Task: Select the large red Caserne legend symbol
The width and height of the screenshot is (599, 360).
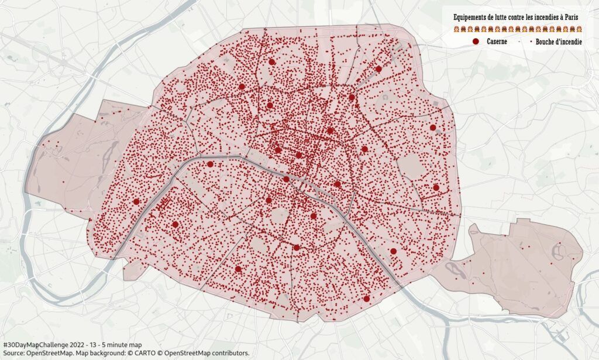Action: coord(476,42)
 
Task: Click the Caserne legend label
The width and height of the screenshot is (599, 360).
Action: coord(497,42)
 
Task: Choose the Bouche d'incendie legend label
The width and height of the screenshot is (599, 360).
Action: coord(559,42)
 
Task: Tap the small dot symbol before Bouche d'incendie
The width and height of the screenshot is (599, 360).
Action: coord(531,42)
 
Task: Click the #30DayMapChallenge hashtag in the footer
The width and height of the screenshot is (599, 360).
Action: coord(36,345)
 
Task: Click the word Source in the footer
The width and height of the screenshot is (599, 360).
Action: coord(13,353)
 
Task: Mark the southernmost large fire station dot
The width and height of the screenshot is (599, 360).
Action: coord(366,299)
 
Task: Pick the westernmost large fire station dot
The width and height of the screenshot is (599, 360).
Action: coord(136,201)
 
